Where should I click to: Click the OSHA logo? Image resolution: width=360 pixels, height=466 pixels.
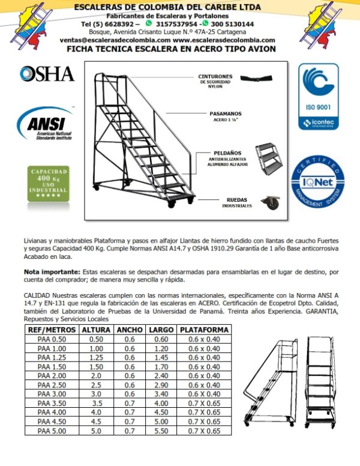pos(47,74)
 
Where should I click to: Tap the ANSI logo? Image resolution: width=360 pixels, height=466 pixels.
pos(47,126)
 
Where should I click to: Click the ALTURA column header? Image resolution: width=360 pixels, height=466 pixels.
pos(96,330)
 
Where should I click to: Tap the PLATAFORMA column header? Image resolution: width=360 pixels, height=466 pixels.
pos(204,330)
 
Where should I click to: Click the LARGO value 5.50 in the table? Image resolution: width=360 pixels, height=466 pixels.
pos(161,431)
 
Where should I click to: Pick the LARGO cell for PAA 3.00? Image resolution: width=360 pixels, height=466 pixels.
pos(161,394)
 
